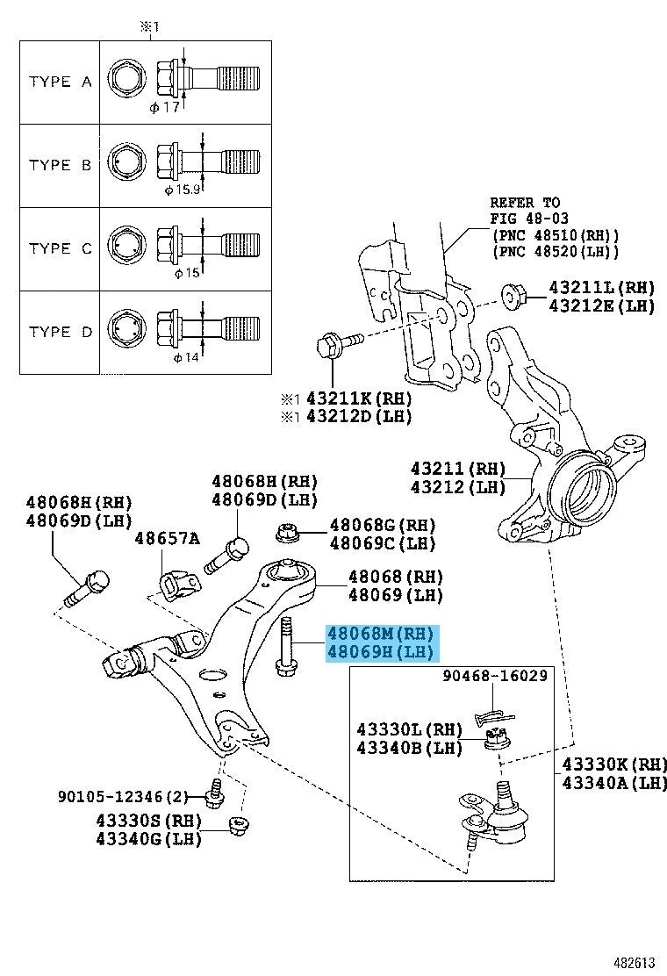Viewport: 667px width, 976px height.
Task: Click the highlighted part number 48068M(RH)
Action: point(380,634)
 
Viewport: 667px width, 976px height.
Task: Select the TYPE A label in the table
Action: point(60,82)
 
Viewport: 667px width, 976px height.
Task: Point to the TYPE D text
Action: point(60,333)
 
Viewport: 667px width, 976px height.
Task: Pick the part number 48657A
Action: point(167,538)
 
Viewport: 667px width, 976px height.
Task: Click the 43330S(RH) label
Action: point(149,821)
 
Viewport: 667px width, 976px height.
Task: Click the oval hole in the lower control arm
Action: point(211,675)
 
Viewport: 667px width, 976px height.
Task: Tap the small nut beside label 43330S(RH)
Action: point(235,825)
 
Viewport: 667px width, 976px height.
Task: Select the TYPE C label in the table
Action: point(60,249)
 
